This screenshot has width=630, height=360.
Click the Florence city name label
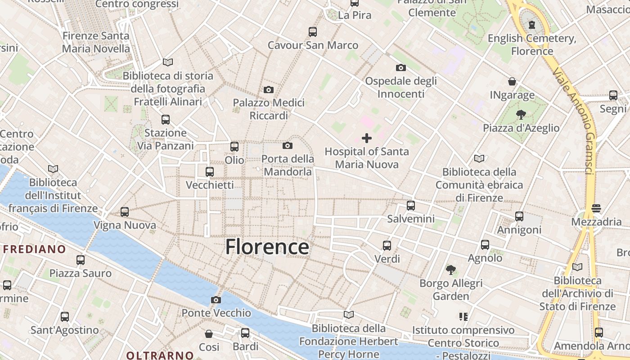(267, 247)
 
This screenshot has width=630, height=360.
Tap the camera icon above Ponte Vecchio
(216, 300)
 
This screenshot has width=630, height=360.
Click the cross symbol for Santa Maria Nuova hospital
(367, 138)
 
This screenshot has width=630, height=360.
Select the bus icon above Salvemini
(411, 206)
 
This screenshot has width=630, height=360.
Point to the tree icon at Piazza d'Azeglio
(521, 115)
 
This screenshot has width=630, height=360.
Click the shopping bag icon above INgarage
(512, 81)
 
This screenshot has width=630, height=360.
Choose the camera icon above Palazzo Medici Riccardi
(269, 90)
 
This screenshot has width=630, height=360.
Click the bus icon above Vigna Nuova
(125, 211)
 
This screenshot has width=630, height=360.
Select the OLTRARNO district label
(160, 355)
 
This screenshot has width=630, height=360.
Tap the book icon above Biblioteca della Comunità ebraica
(479, 158)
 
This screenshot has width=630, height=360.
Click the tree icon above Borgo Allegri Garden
(451, 270)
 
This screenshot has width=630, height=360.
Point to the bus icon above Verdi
(387, 246)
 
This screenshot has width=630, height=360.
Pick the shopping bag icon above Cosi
(209, 334)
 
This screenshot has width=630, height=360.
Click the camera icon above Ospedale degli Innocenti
(400, 68)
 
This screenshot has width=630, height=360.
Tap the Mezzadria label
(596, 222)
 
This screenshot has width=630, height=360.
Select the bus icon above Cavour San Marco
(313, 32)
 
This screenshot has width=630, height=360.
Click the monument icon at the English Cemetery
(532, 24)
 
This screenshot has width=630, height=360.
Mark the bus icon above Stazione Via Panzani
(166, 120)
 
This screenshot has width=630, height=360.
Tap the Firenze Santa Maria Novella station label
(96, 42)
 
